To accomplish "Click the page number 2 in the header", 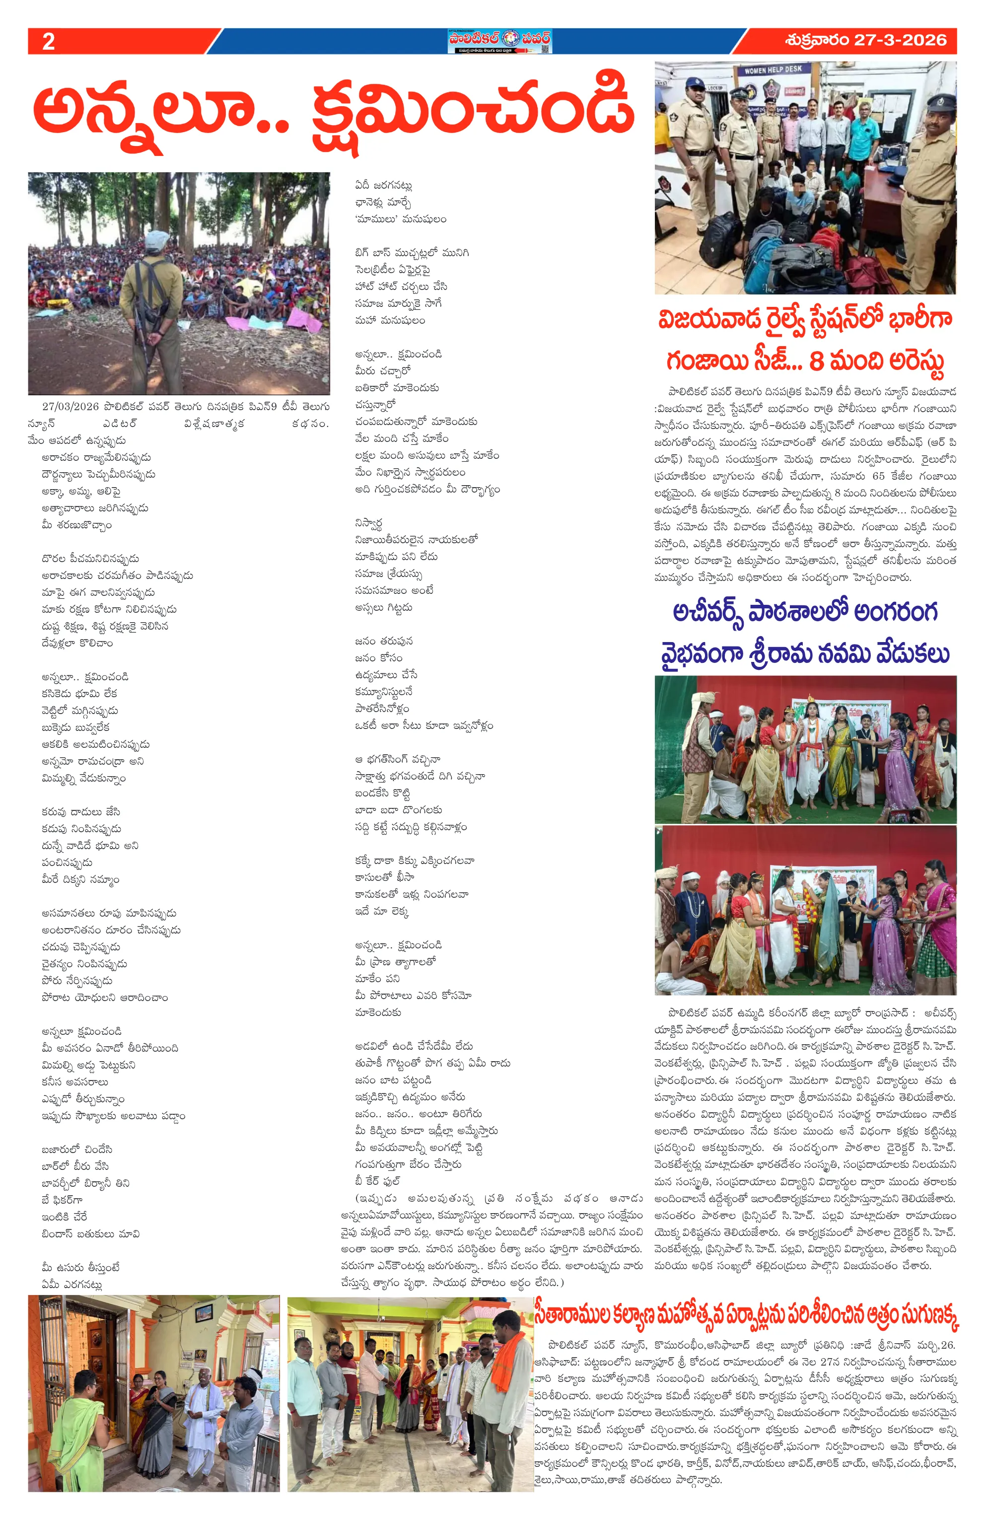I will point(49,42).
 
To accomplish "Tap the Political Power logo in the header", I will point(499,41).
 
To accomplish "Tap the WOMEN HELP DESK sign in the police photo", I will point(773,70).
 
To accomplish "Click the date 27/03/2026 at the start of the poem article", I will point(70,406).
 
